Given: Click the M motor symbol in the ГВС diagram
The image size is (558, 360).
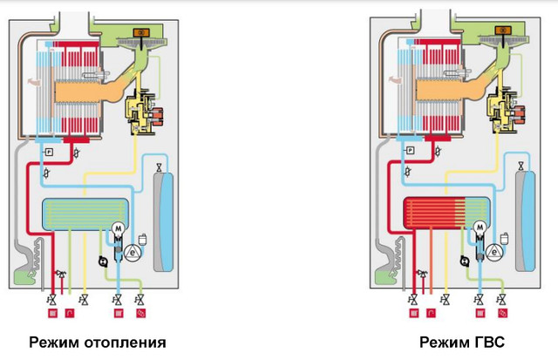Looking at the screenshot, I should click(481, 228).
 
